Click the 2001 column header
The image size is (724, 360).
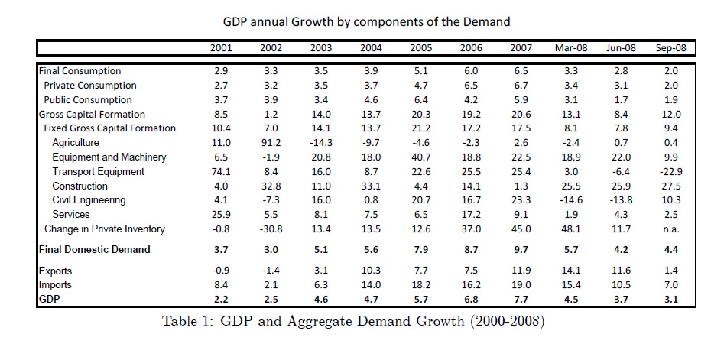[221, 48]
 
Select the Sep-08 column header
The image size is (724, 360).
[670, 48]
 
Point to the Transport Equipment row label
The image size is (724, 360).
[98, 172]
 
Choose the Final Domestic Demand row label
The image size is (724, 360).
[94, 249]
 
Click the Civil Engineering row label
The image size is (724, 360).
[89, 200]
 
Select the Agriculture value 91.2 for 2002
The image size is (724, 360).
[271, 143]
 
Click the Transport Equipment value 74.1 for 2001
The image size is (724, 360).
[221, 172]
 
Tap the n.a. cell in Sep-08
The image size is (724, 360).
[670, 229]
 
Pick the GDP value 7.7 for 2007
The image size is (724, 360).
[521, 300]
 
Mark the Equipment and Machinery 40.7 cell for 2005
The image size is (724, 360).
[420, 157]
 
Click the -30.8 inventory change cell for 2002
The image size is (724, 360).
[271, 229]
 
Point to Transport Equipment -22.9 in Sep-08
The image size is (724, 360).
[670, 172]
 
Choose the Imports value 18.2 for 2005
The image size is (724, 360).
[420, 285]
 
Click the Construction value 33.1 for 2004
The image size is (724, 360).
[371, 186]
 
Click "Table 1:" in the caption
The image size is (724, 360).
[190, 321]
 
